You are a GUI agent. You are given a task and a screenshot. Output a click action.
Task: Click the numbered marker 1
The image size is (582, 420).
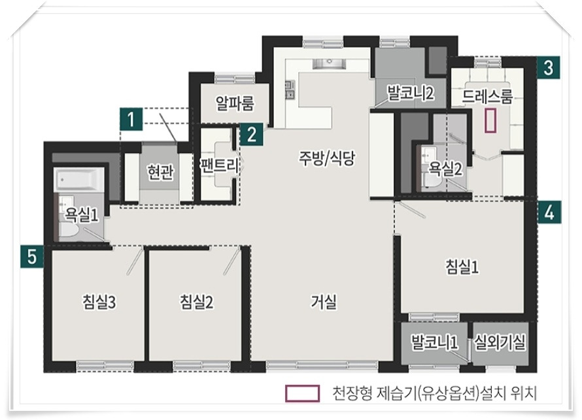click(x=131, y=119)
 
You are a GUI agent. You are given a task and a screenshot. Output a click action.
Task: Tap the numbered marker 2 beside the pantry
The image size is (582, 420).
click(x=252, y=134)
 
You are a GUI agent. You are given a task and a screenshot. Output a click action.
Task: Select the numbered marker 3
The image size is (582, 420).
click(x=548, y=68)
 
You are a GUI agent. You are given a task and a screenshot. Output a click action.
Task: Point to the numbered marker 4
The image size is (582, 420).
click(x=549, y=212)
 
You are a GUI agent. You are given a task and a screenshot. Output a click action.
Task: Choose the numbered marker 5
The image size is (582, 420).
click(x=32, y=256)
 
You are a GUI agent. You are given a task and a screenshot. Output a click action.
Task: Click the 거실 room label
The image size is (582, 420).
click(x=324, y=302)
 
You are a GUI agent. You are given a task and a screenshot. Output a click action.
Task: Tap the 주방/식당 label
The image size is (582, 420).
click(x=327, y=158)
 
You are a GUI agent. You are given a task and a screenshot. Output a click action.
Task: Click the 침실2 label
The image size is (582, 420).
click(x=196, y=302)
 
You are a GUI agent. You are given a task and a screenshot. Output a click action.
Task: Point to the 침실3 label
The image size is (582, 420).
click(x=99, y=302)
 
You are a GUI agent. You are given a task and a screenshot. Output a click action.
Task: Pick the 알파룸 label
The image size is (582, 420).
click(x=235, y=103)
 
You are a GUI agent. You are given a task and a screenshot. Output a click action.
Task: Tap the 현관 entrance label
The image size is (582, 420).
click(x=160, y=172)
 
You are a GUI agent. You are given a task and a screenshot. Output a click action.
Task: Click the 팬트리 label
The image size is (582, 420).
click(x=219, y=166)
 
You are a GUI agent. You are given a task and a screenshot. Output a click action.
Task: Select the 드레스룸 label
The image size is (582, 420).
click(x=487, y=97)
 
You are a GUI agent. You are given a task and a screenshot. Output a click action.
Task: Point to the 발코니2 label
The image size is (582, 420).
click(x=411, y=93)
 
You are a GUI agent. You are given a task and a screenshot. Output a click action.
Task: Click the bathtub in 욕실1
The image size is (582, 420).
click(x=80, y=180)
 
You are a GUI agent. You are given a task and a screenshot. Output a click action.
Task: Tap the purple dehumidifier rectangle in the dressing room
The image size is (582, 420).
click(x=490, y=120)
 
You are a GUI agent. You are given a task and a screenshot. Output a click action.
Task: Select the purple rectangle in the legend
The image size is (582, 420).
click(x=302, y=393)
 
